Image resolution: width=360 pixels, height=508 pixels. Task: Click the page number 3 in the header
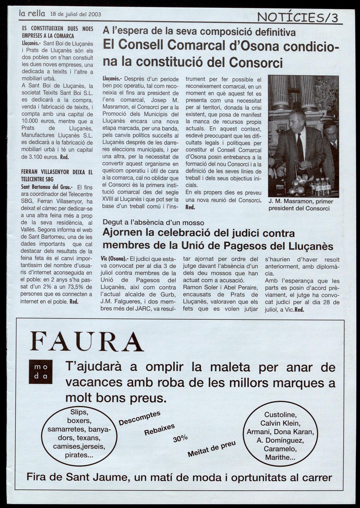coord(335,18)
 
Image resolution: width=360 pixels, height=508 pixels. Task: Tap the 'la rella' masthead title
coord(32,13)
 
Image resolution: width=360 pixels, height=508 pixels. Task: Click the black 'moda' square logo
coord(41,372)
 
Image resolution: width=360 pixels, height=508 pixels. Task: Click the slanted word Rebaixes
coord(159,429)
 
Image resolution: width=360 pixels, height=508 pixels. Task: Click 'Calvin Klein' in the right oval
coord(280,423)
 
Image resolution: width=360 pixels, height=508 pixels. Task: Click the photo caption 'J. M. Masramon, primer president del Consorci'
coord(300,205)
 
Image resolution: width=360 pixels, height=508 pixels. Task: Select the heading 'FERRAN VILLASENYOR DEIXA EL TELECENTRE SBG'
coord(57,175)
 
